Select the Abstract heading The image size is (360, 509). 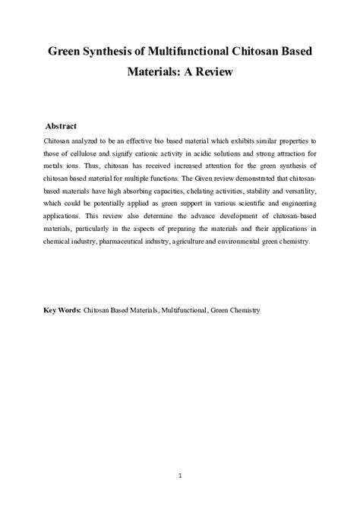[61, 125]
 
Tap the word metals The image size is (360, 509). [56, 166]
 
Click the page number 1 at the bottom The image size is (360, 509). [179, 476]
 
